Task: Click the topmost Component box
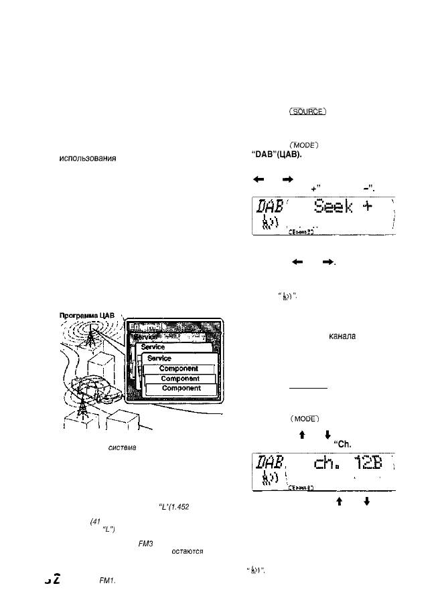point(179,369)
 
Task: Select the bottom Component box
point(179,388)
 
